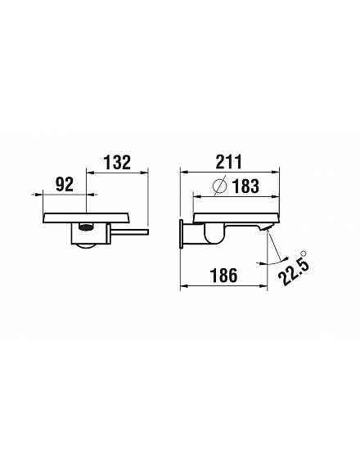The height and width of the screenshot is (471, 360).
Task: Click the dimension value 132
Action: tap(118, 162)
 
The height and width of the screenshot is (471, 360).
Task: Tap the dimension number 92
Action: tap(65, 185)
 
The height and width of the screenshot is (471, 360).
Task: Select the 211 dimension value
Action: tap(230, 162)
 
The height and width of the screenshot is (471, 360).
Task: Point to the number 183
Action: tap(245, 186)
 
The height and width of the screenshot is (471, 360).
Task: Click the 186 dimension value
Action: tap(224, 276)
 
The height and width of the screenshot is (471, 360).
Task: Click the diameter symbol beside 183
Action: tap(219, 186)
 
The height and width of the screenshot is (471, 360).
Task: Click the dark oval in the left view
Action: tap(86, 227)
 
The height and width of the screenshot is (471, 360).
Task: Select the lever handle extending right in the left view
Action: tap(130, 231)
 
